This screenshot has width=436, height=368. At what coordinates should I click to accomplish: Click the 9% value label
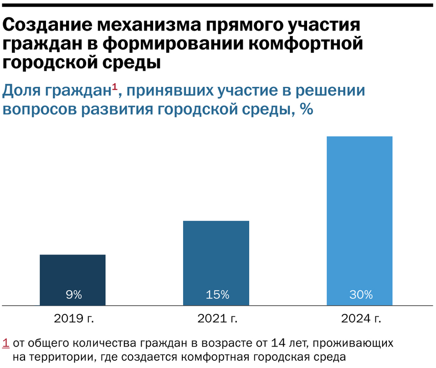(73, 295)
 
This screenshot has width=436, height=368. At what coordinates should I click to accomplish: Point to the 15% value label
(217, 295)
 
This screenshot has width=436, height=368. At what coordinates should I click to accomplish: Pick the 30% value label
(361, 295)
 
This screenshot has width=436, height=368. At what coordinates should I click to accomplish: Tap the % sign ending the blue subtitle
(306, 110)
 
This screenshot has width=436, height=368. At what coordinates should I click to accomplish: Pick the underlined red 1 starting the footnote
(6, 343)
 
